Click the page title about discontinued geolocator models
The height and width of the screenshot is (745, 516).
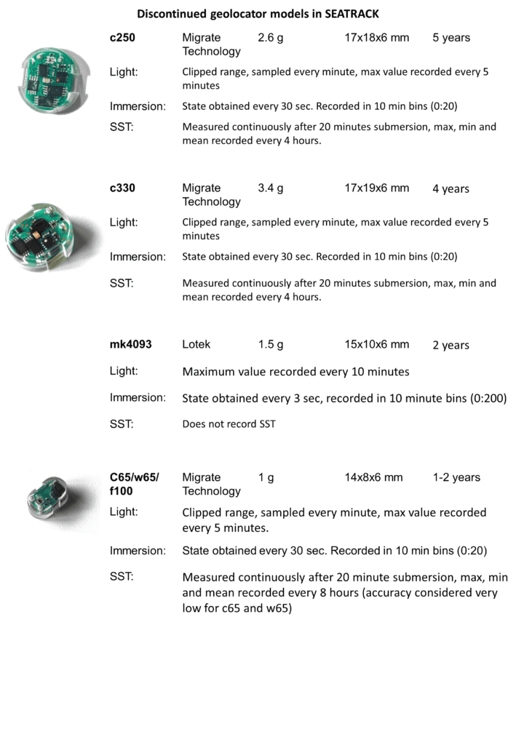pos(258,14)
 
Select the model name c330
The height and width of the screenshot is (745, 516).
pos(122,188)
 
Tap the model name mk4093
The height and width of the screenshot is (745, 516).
pos(131,344)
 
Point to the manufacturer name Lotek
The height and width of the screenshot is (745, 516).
pos(196,344)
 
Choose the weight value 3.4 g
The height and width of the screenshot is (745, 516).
pos(271,188)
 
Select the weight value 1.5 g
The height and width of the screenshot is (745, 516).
pos(271,344)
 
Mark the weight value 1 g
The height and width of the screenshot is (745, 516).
pos(266,477)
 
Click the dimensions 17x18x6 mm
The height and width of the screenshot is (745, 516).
pos(377,37)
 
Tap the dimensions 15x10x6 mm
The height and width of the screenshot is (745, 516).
pos(377,344)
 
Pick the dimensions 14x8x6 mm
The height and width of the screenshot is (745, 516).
pos(373,477)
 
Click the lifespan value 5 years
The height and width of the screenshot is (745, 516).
pos(451,37)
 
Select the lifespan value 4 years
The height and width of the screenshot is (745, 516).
pos(451,188)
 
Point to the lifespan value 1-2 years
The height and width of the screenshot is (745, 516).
pos(456,477)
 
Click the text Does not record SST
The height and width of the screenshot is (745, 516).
pos(229,423)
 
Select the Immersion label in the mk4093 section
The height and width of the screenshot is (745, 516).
pos(138,397)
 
